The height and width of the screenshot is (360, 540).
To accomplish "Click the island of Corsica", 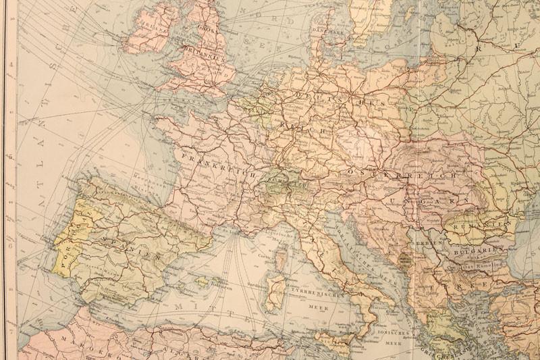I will (281, 259).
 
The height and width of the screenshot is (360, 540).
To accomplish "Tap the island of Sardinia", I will (277, 294).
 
